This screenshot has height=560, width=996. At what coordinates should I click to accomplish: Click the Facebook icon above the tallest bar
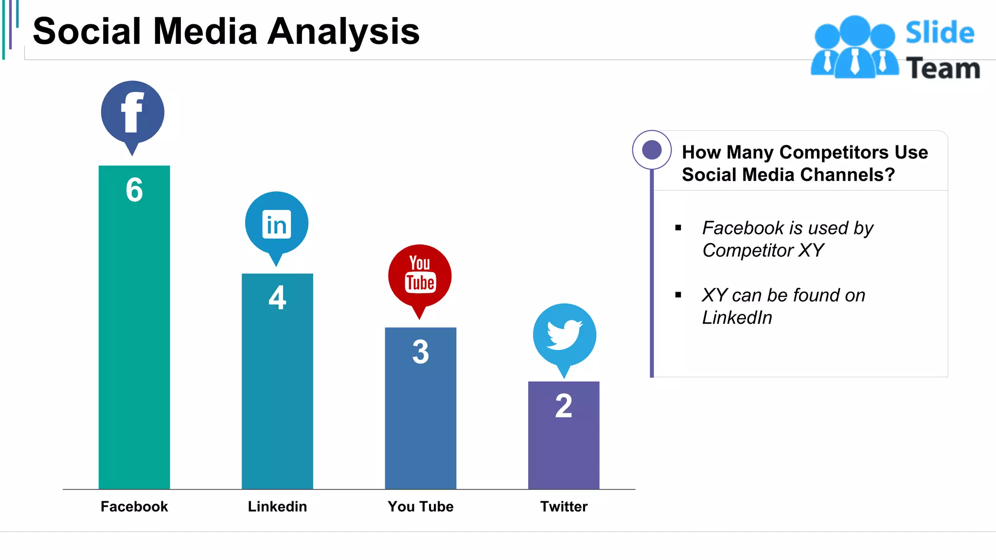pyautogui.click(x=132, y=113)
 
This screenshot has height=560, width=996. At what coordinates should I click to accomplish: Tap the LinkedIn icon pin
pyautogui.click(x=276, y=224)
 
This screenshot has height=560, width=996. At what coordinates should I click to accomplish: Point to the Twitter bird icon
pyautogui.click(x=564, y=335)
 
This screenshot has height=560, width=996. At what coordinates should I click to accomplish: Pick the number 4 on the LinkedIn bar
pyautogui.click(x=277, y=297)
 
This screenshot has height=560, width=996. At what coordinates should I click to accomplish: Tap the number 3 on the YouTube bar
pyautogui.click(x=421, y=352)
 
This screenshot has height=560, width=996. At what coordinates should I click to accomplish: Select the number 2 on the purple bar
pyautogui.click(x=564, y=406)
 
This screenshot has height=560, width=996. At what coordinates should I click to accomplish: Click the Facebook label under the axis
pyautogui.click(x=134, y=507)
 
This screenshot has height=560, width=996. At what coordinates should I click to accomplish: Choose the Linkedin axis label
pyautogui.click(x=277, y=507)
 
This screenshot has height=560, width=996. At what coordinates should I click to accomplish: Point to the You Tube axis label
pyautogui.click(x=421, y=507)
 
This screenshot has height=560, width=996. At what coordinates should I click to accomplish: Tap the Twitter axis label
pyautogui.click(x=564, y=507)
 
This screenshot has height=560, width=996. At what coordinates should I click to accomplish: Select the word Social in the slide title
pyautogui.click(x=87, y=32)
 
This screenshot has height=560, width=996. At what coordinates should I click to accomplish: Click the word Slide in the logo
pyautogui.click(x=940, y=33)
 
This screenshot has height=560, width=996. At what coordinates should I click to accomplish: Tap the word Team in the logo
pyautogui.click(x=943, y=69)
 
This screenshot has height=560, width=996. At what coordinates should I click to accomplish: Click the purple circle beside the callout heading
pyautogui.click(x=652, y=150)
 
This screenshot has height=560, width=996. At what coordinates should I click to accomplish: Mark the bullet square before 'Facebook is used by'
pyautogui.click(x=678, y=227)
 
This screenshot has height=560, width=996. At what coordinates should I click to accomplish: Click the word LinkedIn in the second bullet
pyautogui.click(x=737, y=317)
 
